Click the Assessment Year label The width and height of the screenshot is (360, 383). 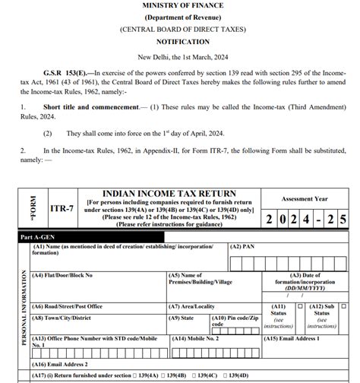[307, 199]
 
